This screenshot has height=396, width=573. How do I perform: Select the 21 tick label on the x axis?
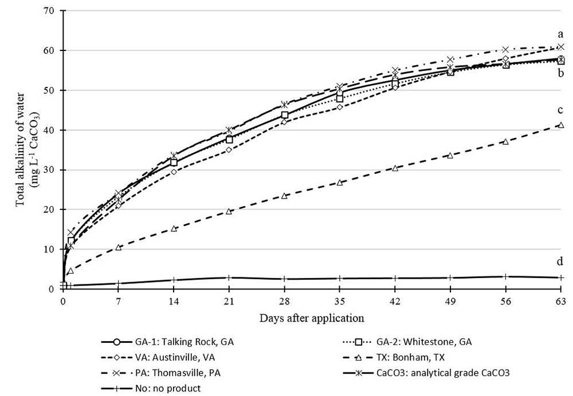229,300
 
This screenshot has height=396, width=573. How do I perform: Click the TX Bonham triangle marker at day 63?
560,125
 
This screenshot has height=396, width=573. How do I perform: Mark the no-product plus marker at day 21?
229,278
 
